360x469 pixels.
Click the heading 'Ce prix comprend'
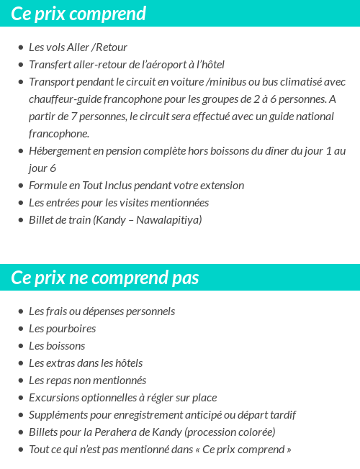(78, 14)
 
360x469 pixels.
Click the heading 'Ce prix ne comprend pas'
(105, 278)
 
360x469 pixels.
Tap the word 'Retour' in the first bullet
(112, 47)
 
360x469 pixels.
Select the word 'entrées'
(66, 203)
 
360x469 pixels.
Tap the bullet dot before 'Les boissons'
(20, 346)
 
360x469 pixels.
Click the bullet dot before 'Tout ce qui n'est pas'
(20, 450)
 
